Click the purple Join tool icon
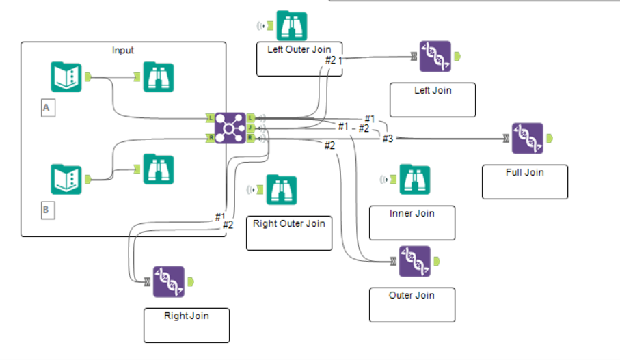(x=230, y=128)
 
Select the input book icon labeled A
(x=66, y=77)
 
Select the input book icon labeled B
(x=66, y=179)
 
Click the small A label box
(x=46, y=108)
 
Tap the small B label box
(x=46, y=210)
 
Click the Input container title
(x=123, y=51)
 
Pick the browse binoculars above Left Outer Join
(x=291, y=26)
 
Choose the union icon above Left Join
(x=435, y=57)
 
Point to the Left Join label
(x=433, y=90)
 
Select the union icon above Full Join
(x=527, y=139)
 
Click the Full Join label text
(x=524, y=172)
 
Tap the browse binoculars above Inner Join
(x=414, y=180)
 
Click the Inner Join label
(x=412, y=213)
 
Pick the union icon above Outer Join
(x=414, y=261)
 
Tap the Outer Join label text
(x=412, y=295)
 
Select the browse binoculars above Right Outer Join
(x=281, y=190)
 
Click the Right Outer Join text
(x=288, y=223)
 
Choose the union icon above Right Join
(x=168, y=281)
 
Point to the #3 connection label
(x=388, y=139)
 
